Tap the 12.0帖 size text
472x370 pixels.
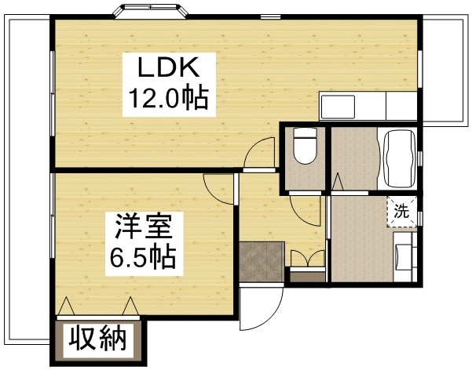coord(167,98)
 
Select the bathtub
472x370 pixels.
coord(399,156)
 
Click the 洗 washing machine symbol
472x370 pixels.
coord(401,210)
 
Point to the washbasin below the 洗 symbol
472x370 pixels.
coord(405,256)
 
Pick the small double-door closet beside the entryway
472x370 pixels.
coord(306,260)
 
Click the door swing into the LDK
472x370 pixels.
coord(255,156)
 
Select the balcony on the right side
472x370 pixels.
coord(445,71)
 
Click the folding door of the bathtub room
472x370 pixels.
coord(338,185)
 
